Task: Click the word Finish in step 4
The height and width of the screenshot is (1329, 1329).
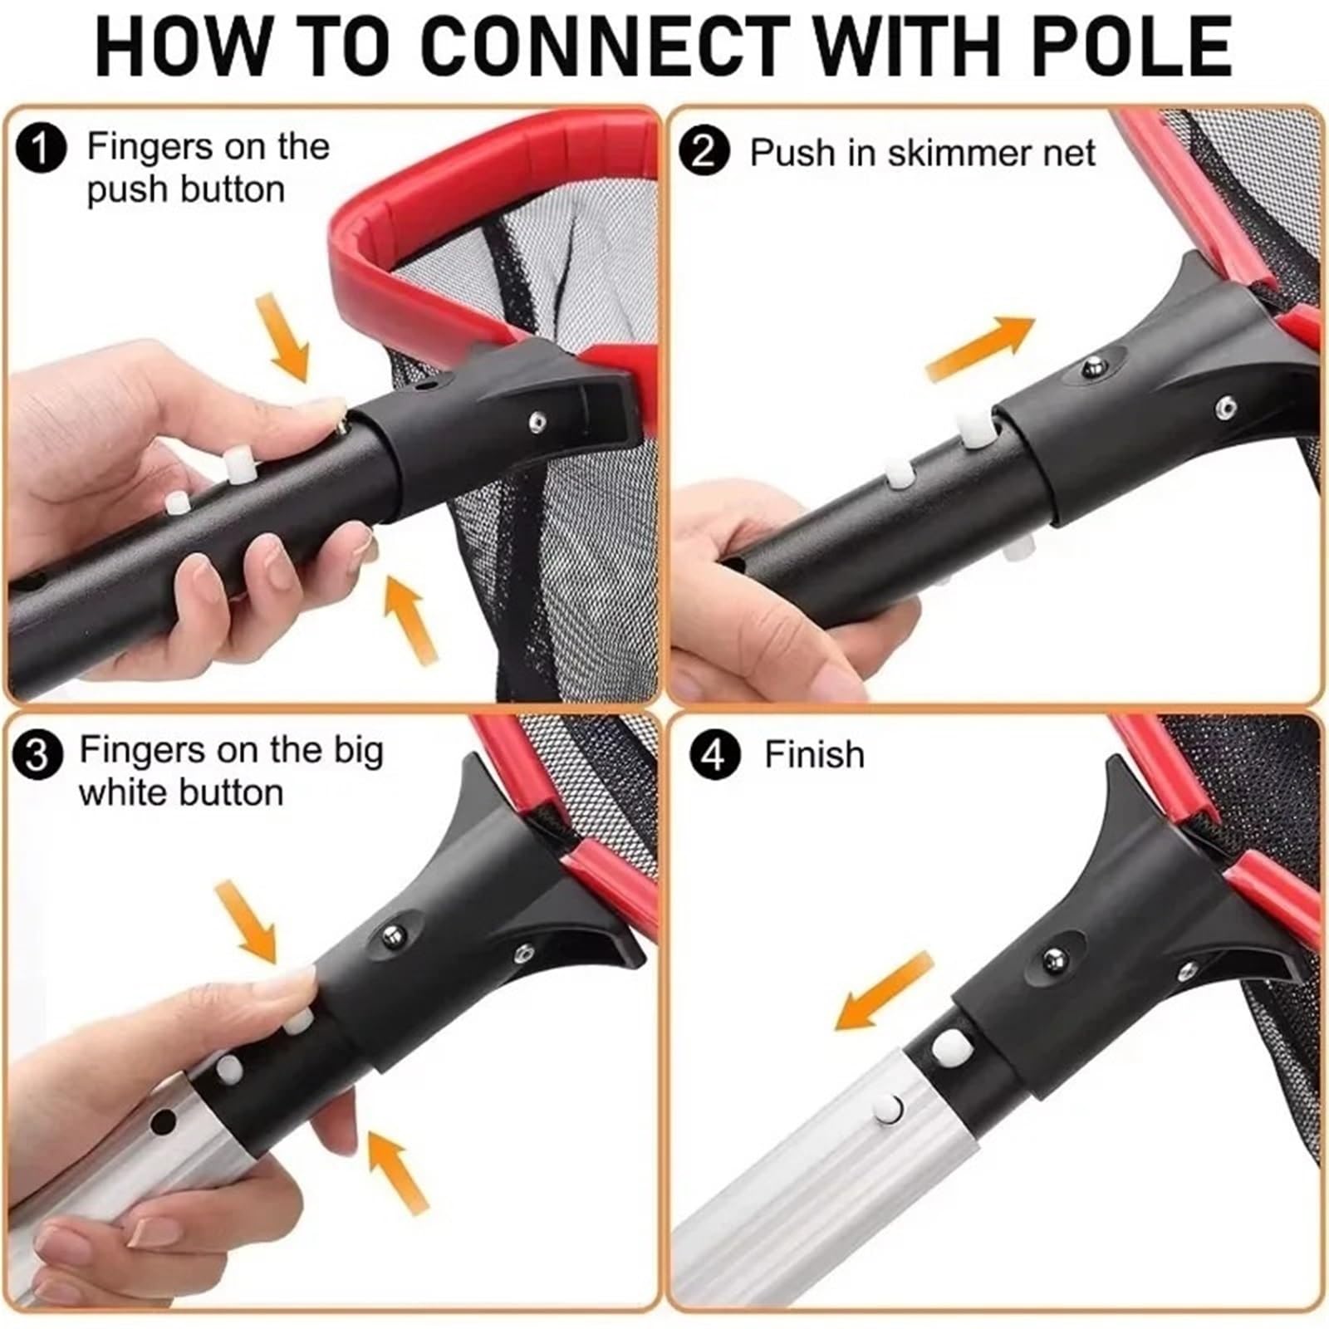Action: pyautogui.click(x=814, y=755)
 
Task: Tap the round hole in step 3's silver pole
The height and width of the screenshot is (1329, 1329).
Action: pyautogui.click(x=164, y=1122)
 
